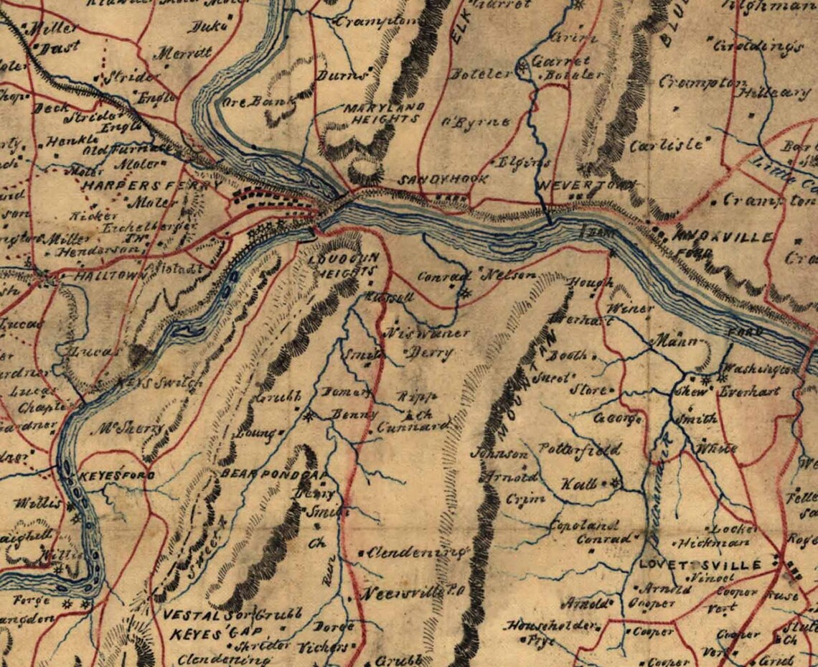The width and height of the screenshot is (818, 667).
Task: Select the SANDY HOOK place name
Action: (443, 179)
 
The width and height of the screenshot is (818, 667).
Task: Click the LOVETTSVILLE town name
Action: (700, 565)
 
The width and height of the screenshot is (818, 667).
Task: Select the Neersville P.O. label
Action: (415, 594)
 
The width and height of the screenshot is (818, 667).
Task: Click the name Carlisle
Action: (666, 144)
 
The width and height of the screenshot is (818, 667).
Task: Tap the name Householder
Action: (551, 626)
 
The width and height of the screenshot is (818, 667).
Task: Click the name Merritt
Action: (184, 53)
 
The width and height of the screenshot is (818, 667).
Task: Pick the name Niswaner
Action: (428, 333)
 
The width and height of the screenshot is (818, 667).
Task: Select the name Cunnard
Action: (414, 427)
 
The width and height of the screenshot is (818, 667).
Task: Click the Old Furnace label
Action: (119, 150)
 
